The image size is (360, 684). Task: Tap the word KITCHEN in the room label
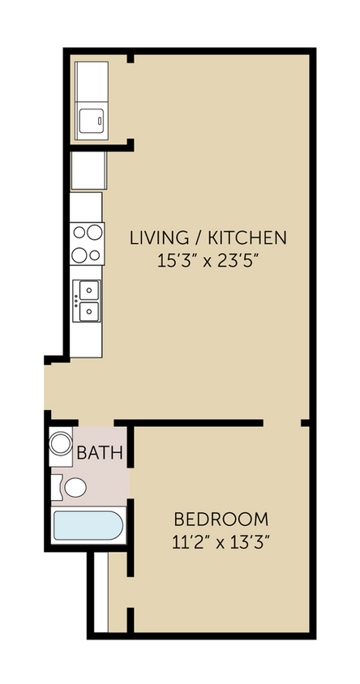247,237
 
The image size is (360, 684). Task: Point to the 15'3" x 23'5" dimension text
208,261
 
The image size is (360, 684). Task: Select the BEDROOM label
221,519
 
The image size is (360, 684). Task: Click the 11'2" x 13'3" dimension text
221,541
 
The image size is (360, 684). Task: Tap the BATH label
100,453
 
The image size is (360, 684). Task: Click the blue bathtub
88,527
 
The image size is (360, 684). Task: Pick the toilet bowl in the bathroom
75,487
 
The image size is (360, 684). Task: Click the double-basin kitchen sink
87,300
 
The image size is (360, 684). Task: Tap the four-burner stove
87,243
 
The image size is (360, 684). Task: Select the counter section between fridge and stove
87,207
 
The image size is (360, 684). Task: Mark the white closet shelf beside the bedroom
101,592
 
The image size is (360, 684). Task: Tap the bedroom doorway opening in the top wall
282,423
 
